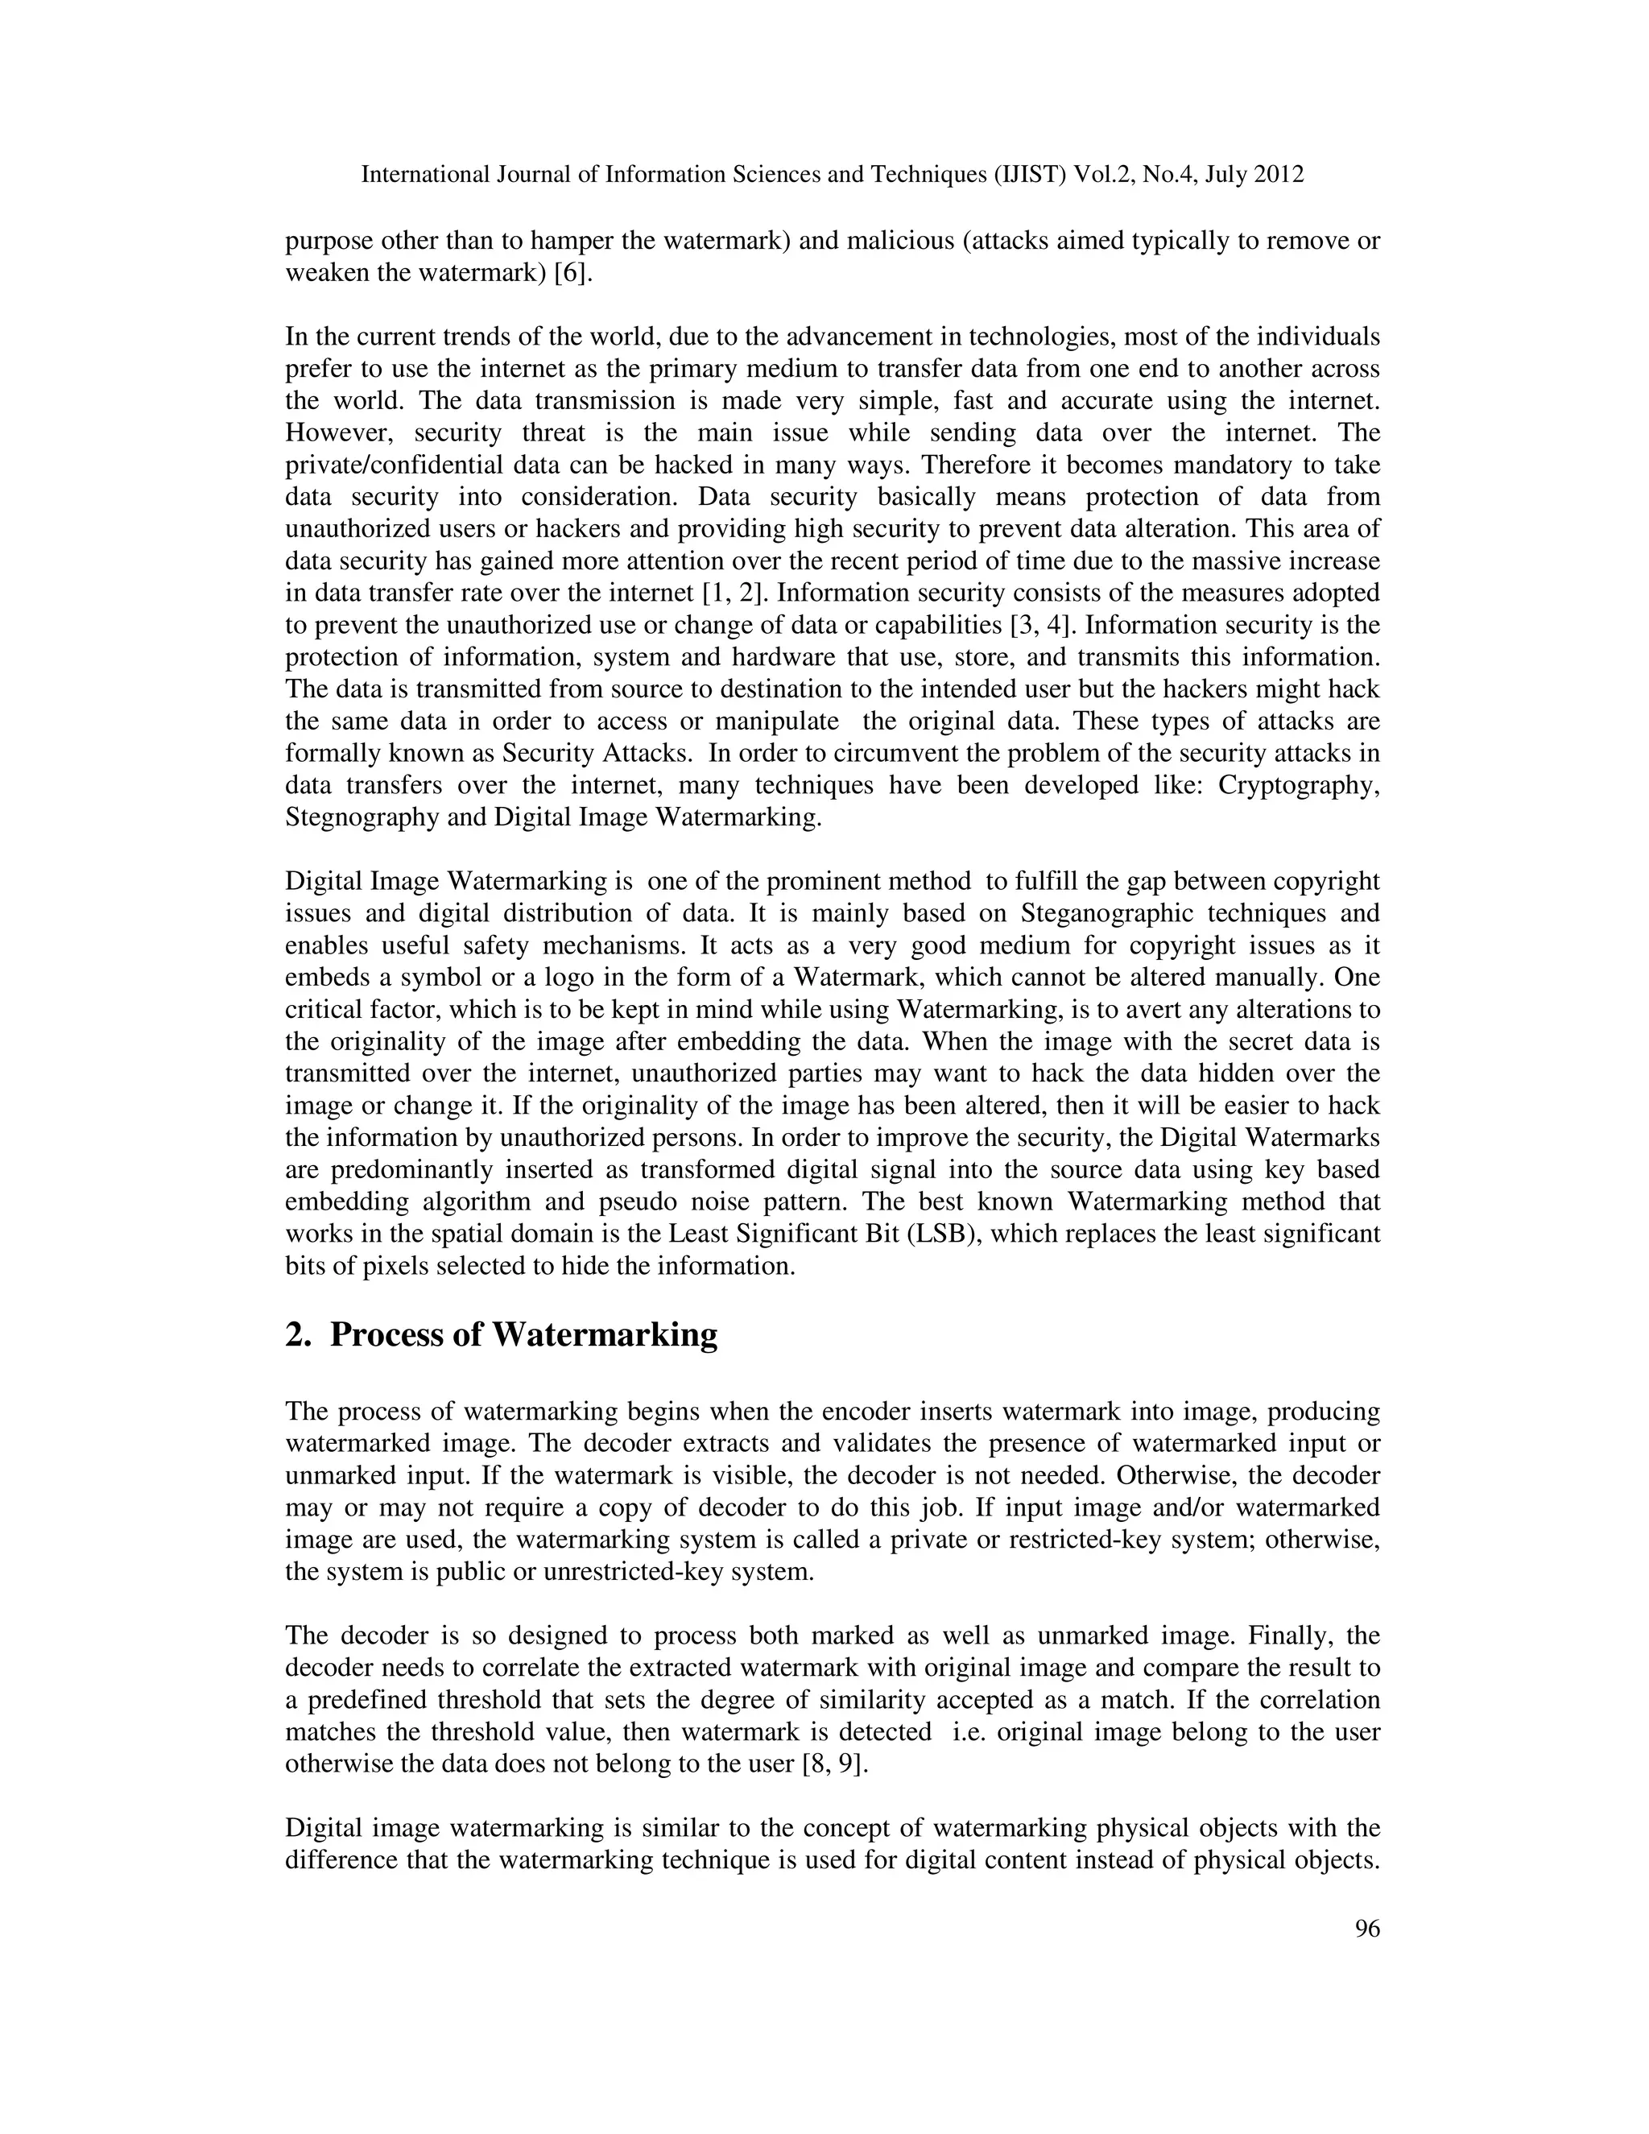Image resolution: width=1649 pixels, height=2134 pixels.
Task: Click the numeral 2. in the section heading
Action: tap(297, 1334)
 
